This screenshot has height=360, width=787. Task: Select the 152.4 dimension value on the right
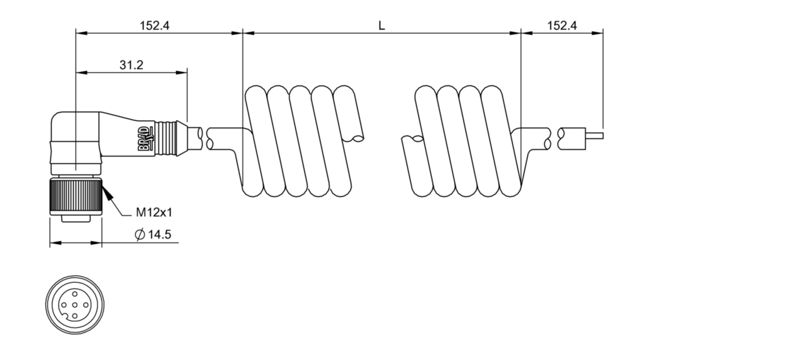pyautogui.click(x=562, y=26)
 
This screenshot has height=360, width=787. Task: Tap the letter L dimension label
pyautogui.click(x=382, y=26)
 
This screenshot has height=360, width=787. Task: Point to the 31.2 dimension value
pyautogui.click(x=131, y=65)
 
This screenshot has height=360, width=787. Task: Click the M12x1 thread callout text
pyautogui.click(x=154, y=213)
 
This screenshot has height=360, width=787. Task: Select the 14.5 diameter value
pyautogui.click(x=160, y=235)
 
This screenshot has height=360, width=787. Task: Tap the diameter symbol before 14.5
pyautogui.click(x=139, y=235)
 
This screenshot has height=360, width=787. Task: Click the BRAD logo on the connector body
pyautogui.click(x=147, y=139)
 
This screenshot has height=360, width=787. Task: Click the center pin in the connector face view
pyautogui.click(x=75, y=304)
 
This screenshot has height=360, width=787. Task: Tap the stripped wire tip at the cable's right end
pyautogui.click(x=594, y=137)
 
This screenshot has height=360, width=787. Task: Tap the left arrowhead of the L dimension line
pyautogui.click(x=247, y=33)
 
